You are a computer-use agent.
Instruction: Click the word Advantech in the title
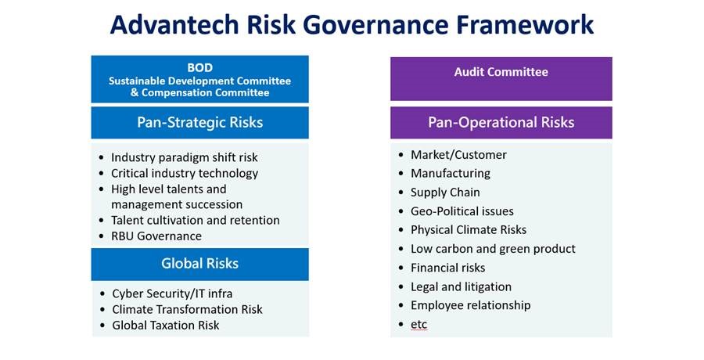coord(174,25)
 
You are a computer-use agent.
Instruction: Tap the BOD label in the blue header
coord(199,68)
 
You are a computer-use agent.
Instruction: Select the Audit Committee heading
coord(501,72)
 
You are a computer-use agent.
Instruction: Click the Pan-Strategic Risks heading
coord(199,122)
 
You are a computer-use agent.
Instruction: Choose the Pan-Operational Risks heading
coord(501,122)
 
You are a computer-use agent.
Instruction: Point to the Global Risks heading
coord(199,264)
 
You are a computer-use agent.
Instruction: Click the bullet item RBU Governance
coord(156,236)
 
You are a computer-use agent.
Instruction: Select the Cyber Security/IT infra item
coord(172,293)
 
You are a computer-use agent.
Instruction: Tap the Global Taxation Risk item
coord(166,325)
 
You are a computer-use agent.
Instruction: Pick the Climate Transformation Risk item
coord(187,309)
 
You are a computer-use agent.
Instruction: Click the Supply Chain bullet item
coord(445,193)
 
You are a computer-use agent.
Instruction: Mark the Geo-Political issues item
coord(462,211)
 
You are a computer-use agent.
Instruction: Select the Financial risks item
coord(448,268)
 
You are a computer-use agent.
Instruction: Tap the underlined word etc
coord(419,325)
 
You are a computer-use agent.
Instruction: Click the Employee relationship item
coord(471,305)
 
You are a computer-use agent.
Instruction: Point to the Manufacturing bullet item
coord(451,174)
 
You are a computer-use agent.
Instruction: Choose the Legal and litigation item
coord(461,286)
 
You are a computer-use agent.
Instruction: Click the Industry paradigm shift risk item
coord(185,158)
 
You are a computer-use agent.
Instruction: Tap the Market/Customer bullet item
coord(458,155)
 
